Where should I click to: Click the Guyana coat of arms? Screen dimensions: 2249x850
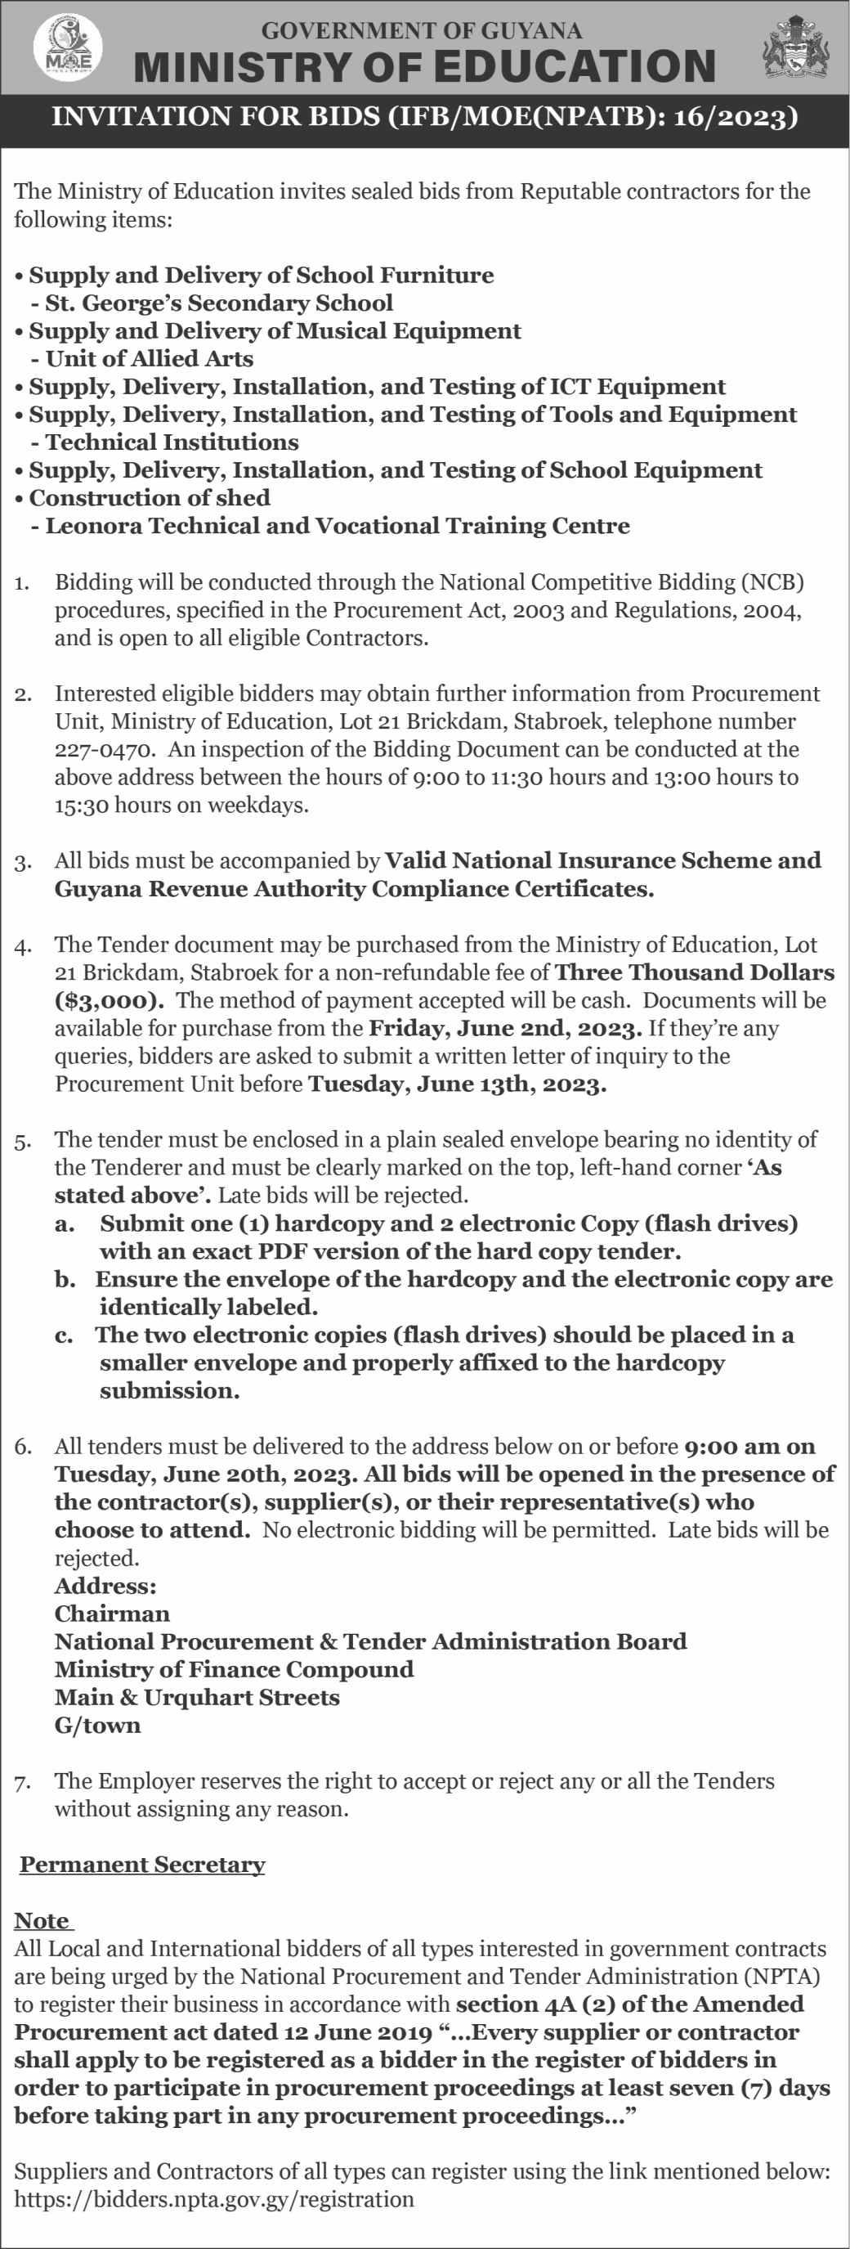796,47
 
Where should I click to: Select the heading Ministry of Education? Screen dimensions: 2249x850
425,66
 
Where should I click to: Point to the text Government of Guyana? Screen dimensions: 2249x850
422,30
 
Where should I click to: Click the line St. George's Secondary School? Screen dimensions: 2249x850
218,303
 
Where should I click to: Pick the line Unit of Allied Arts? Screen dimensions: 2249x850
150,359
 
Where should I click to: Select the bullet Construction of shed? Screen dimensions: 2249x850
150,498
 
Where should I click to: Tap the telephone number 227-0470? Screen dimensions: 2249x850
105,749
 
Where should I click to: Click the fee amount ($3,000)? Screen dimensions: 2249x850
109,999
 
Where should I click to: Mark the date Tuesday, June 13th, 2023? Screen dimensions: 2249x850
458,1084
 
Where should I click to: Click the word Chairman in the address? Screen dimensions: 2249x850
112,1614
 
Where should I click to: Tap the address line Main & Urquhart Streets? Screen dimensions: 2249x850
197,1697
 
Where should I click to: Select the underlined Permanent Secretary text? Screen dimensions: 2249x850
142,1865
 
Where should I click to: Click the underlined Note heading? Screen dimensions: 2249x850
41,1921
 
